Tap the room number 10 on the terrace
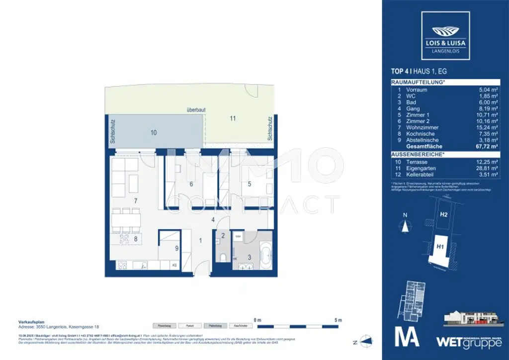click(154, 133)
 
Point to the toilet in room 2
click(223, 258)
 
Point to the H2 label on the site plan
click(444, 215)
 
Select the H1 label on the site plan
click(440, 246)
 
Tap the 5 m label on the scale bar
click(339, 319)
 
